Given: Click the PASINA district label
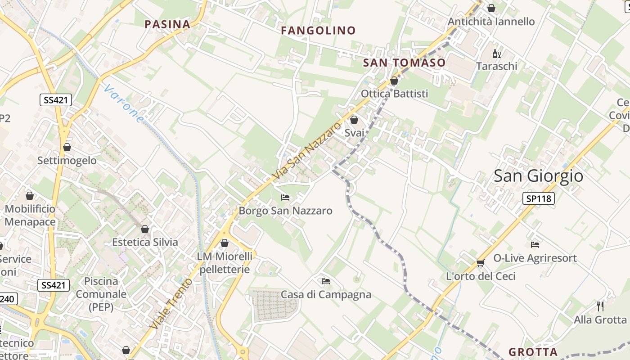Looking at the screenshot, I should [x=167, y=24].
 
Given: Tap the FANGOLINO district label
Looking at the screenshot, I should [x=318, y=31].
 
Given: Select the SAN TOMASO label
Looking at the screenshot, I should [x=404, y=63].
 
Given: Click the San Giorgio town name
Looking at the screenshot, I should [x=538, y=175].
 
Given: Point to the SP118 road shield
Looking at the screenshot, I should [x=538, y=198].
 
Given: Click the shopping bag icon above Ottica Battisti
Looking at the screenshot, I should [x=394, y=81].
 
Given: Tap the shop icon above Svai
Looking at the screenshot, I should [x=354, y=120].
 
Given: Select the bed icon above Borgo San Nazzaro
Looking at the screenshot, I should [x=285, y=197].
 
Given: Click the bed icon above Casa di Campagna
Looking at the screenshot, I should [x=326, y=281].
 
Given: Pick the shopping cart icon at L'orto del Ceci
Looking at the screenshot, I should [x=480, y=263].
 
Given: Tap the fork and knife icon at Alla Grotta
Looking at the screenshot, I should [x=600, y=306].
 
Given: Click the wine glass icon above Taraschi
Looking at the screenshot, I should [x=497, y=54].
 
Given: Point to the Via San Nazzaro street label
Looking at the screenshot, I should [x=307, y=152].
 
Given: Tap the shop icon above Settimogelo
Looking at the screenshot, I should [x=67, y=147].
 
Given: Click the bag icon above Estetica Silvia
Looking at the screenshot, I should [x=145, y=229].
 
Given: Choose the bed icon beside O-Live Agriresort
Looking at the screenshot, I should [x=535, y=244].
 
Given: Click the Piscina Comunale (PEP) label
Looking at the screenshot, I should [x=101, y=294].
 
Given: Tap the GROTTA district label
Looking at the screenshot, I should [x=533, y=352].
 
